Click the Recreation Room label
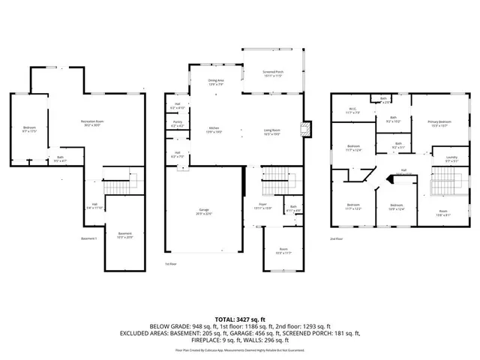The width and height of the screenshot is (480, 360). coord(91,122)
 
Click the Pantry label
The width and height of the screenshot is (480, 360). coord(178,124)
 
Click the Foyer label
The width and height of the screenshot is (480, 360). coord(262,206)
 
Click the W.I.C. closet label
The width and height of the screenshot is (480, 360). coord(353,111)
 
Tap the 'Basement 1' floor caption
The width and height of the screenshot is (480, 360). coord(90,238)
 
